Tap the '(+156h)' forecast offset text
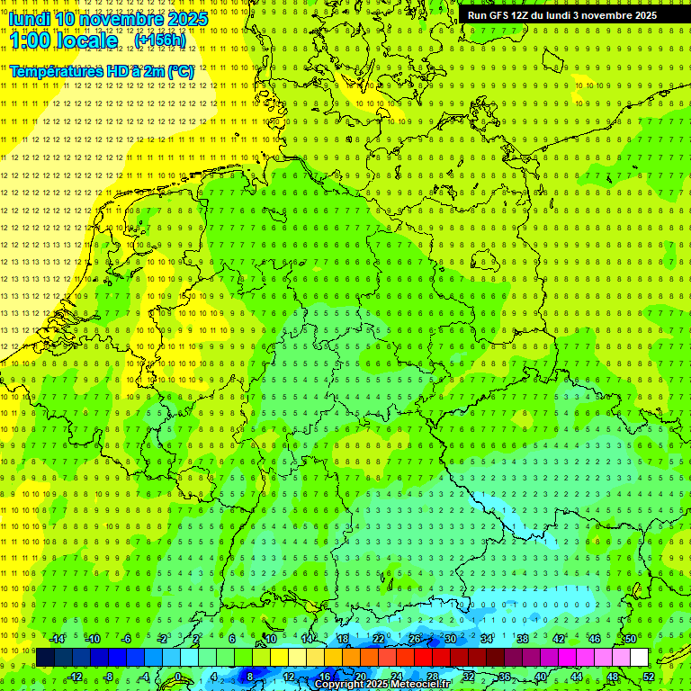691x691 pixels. [159, 40]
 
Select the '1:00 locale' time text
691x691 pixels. [64, 40]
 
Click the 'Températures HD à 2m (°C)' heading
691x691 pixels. [102, 70]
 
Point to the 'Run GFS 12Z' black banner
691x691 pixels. [562, 15]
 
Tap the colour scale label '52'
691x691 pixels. [649, 677]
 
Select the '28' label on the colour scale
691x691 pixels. [433, 677]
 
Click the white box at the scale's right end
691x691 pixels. [640, 658]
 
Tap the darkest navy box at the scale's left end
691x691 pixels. [45, 658]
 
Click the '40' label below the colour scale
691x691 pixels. [541, 677]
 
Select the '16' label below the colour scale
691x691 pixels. [325, 677]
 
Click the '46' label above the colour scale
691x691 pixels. [594, 639]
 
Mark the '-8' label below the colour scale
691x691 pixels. [109, 677]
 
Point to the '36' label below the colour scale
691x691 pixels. [505, 677]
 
